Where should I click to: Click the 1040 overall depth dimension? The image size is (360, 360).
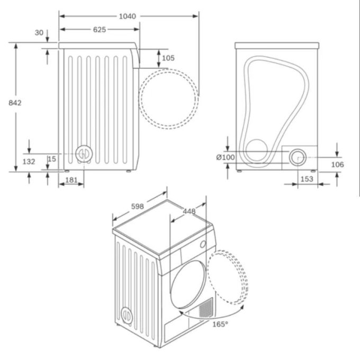(x=127, y=16)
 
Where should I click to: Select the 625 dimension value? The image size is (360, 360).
(x=99, y=30)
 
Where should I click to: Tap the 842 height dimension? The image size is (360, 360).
(x=15, y=102)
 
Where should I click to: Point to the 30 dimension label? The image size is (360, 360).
(x=39, y=33)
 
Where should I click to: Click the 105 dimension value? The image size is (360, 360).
(x=168, y=58)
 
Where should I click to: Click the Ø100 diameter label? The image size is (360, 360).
(x=226, y=157)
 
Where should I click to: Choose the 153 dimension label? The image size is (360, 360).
(x=307, y=179)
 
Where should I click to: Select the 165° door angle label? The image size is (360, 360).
(x=220, y=323)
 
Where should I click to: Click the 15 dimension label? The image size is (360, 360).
(x=51, y=158)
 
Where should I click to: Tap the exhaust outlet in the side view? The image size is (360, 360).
(x=82, y=154)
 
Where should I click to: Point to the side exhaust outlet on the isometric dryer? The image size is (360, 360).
(x=126, y=314)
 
